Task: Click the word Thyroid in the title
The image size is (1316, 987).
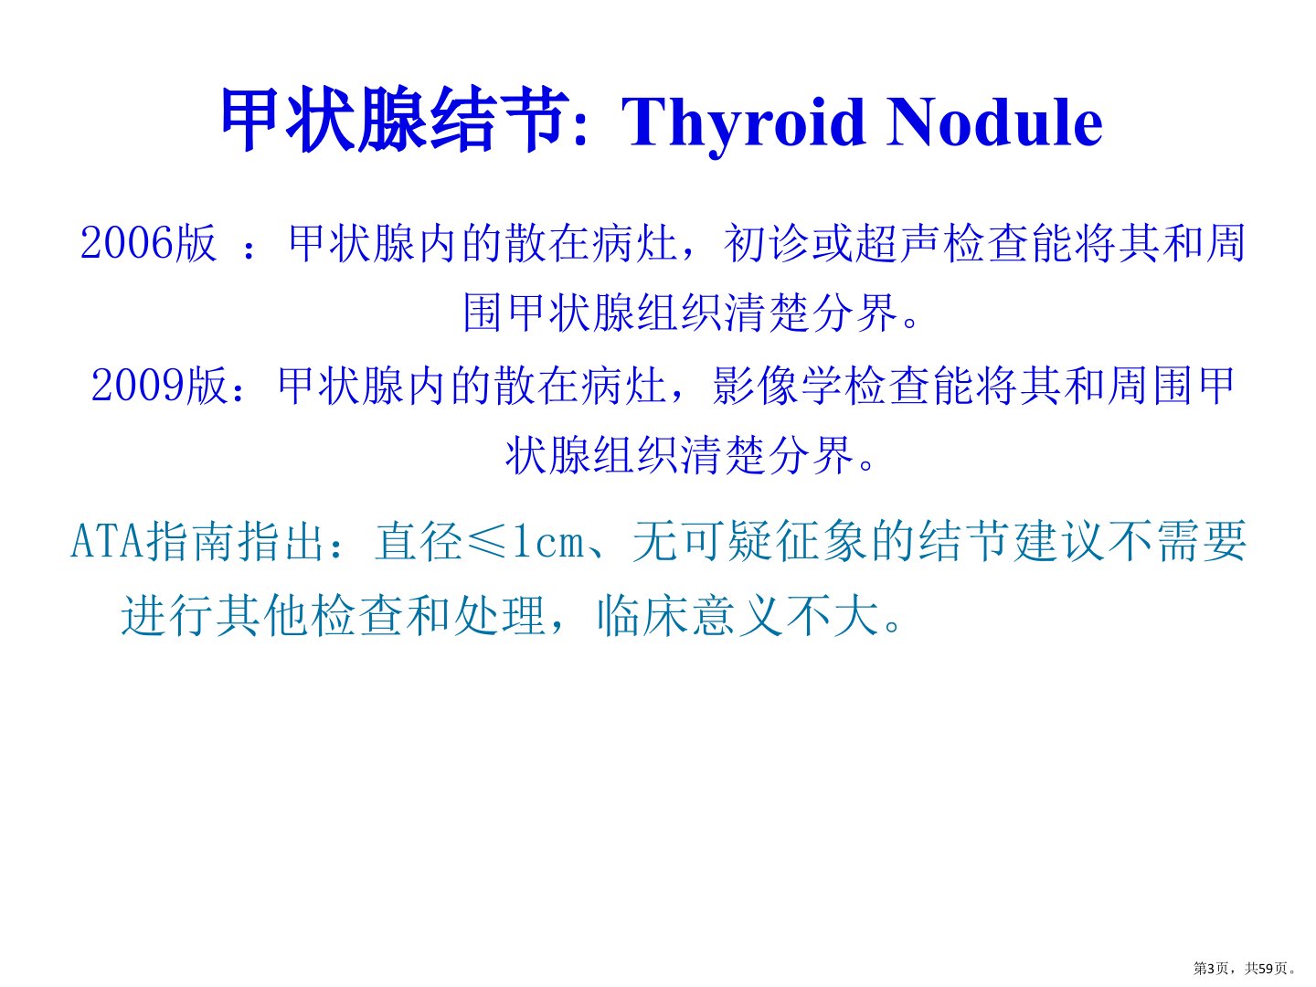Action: coord(744,123)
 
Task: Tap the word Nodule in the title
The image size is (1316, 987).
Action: coord(994,122)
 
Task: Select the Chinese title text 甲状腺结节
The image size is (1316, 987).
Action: coord(395,119)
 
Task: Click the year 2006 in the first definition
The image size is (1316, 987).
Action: coord(126,243)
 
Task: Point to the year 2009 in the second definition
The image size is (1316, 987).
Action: coord(137,386)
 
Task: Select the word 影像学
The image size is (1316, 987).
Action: coord(777,386)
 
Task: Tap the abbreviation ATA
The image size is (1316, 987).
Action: coord(107,541)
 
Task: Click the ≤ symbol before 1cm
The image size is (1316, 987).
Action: coord(487,542)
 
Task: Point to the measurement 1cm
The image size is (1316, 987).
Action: coord(548,542)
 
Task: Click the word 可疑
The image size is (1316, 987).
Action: coord(727,541)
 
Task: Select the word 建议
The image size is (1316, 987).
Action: coord(1058,541)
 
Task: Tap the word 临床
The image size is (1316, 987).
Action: coord(642,615)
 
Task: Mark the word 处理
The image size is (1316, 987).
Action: coord(499,615)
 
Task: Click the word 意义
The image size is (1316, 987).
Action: coord(738,615)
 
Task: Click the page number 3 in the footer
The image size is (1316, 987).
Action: coord(1210,968)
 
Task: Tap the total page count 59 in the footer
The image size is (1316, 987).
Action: coord(1266,968)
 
